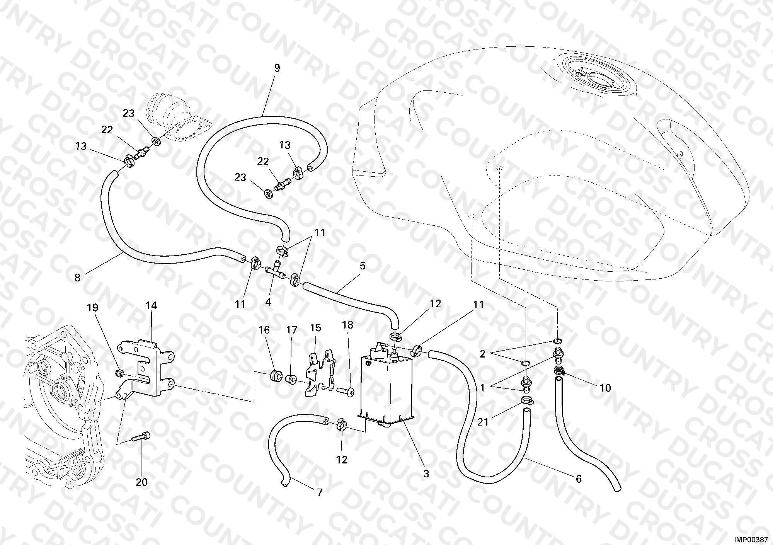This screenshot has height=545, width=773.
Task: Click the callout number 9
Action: click(x=277, y=68)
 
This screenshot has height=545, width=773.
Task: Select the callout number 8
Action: click(x=77, y=278)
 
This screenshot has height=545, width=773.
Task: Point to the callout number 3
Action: click(x=426, y=473)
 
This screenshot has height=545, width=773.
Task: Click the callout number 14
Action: click(x=151, y=306)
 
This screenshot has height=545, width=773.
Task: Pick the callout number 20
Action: click(x=142, y=482)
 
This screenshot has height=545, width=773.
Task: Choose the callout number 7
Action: click(x=319, y=492)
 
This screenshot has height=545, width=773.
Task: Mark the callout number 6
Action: click(x=579, y=479)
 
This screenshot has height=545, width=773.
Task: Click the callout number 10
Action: click(x=605, y=388)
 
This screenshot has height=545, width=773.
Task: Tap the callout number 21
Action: click(x=483, y=422)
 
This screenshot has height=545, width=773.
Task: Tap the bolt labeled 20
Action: click(x=140, y=438)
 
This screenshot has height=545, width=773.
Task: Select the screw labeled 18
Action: click(x=344, y=393)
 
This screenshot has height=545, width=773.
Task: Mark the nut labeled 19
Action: click(x=120, y=373)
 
